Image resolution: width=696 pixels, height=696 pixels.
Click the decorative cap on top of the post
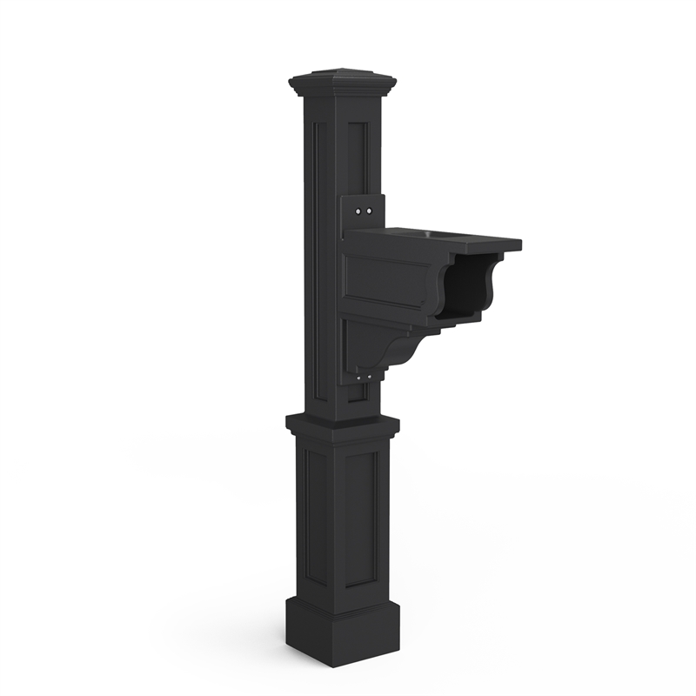[342, 84]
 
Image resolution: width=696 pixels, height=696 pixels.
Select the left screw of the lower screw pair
[359, 377]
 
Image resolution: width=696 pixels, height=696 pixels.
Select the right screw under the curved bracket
[370, 376]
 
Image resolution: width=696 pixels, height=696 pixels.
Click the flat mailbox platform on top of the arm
[435, 238]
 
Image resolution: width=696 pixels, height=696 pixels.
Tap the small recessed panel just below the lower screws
[358, 396]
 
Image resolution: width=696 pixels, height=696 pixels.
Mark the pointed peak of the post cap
[344, 69]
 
